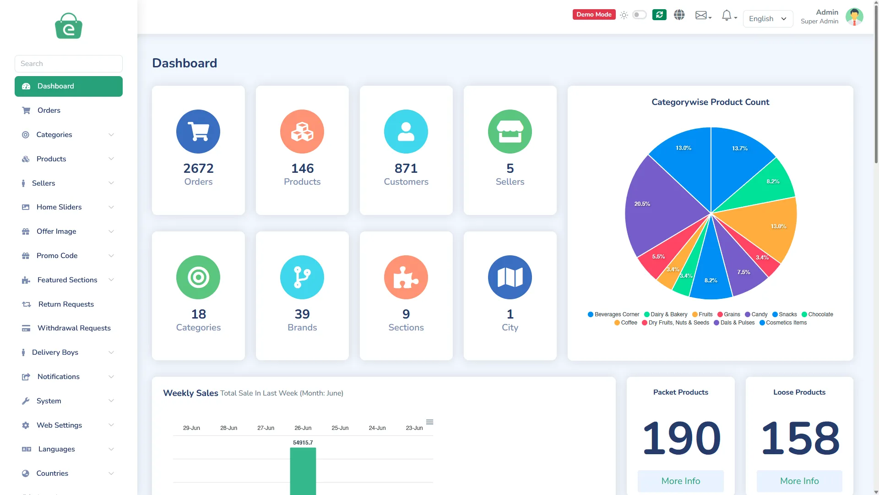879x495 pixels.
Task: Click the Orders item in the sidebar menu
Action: tap(49, 110)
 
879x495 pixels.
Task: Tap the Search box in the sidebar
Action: tap(69, 64)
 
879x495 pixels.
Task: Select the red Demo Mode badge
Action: tap(594, 15)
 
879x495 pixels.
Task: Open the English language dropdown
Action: tap(768, 19)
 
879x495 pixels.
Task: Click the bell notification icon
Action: tap(727, 16)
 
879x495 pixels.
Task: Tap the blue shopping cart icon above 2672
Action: tap(198, 132)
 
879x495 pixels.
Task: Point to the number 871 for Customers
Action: tap(406, 168)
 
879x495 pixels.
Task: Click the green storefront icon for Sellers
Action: tap(510, 132)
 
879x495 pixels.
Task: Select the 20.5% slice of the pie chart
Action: tap(659, 206)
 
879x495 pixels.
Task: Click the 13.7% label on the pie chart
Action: tap(740, 148)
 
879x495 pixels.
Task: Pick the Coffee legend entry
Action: tap(626, 323)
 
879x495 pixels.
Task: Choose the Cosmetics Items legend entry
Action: tap(783, 323)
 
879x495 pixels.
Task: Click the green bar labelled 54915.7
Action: tap(303, 471)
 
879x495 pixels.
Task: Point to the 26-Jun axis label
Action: tap(303, 428)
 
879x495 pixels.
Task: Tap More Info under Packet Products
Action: tap(681, 481)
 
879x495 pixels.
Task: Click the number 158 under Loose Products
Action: tap(800, 438)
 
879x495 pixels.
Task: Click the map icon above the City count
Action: tap(510, 277)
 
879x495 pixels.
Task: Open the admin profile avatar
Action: tap(854, 17)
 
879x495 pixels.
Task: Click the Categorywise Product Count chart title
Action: tap(711, 102)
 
